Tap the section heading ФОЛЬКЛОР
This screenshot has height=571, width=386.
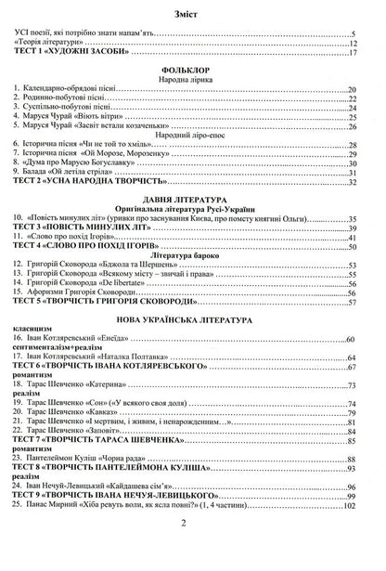pyautogui.click(x=193, y=69)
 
